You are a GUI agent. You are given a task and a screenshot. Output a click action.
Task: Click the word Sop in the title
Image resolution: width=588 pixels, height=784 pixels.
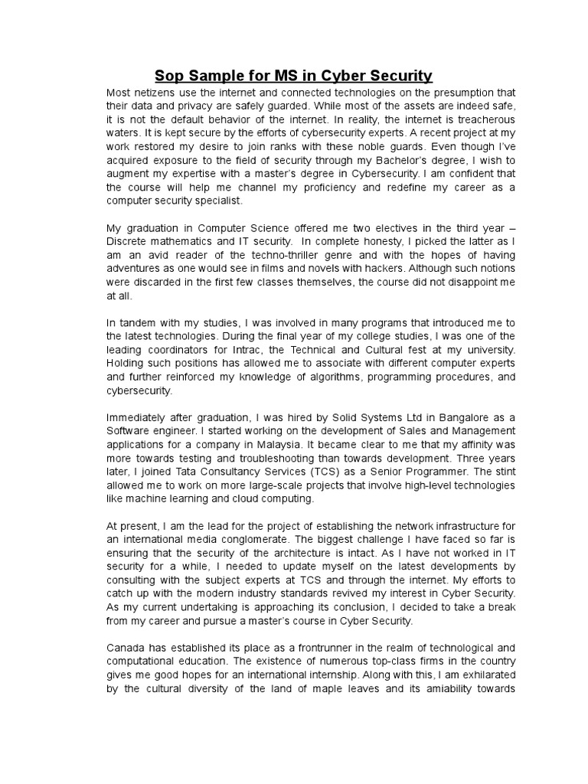coord(171,75)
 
